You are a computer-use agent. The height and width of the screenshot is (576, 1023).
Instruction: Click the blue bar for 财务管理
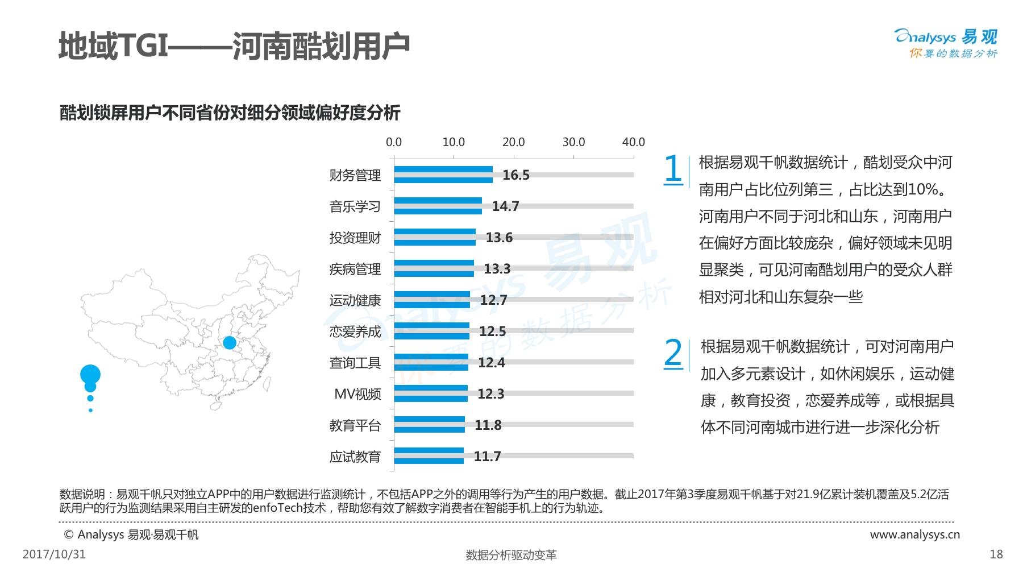point(443,175)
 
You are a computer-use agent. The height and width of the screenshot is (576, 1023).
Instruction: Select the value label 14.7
point(505,206)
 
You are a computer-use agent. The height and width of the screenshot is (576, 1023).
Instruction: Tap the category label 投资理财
point(355,238)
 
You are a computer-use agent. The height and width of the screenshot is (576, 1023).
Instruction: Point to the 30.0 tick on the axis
point(573,142)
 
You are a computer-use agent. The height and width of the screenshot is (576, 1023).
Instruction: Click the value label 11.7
point(487,457)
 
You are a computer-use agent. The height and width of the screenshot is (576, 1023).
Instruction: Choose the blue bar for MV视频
point(431,393)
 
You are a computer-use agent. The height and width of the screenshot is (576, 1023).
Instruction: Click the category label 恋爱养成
point(355,331)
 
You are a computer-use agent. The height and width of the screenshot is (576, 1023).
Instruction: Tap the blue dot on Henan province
point(230,343)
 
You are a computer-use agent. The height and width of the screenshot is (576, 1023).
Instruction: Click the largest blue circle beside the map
point(90,375)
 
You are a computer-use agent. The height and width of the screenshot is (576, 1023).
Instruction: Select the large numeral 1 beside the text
point(673,169)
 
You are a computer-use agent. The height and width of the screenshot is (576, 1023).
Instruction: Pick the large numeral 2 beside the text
point(673,353)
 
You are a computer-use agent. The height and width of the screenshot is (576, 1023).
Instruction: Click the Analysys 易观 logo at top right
point(946,43)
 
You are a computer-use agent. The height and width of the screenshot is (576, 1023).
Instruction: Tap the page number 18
point(996,554)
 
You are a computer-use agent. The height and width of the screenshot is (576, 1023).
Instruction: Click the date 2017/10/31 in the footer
point(54,554)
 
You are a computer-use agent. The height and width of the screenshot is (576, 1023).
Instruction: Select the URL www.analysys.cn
point(914,534)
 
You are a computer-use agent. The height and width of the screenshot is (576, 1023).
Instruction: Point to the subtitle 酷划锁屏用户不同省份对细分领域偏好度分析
point(230,113)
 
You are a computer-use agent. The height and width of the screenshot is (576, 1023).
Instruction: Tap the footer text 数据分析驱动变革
point(511,556)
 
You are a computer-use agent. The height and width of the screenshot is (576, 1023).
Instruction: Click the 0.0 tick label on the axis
point(394,142)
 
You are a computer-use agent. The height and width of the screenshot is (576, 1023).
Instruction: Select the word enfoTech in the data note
point(275,508)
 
